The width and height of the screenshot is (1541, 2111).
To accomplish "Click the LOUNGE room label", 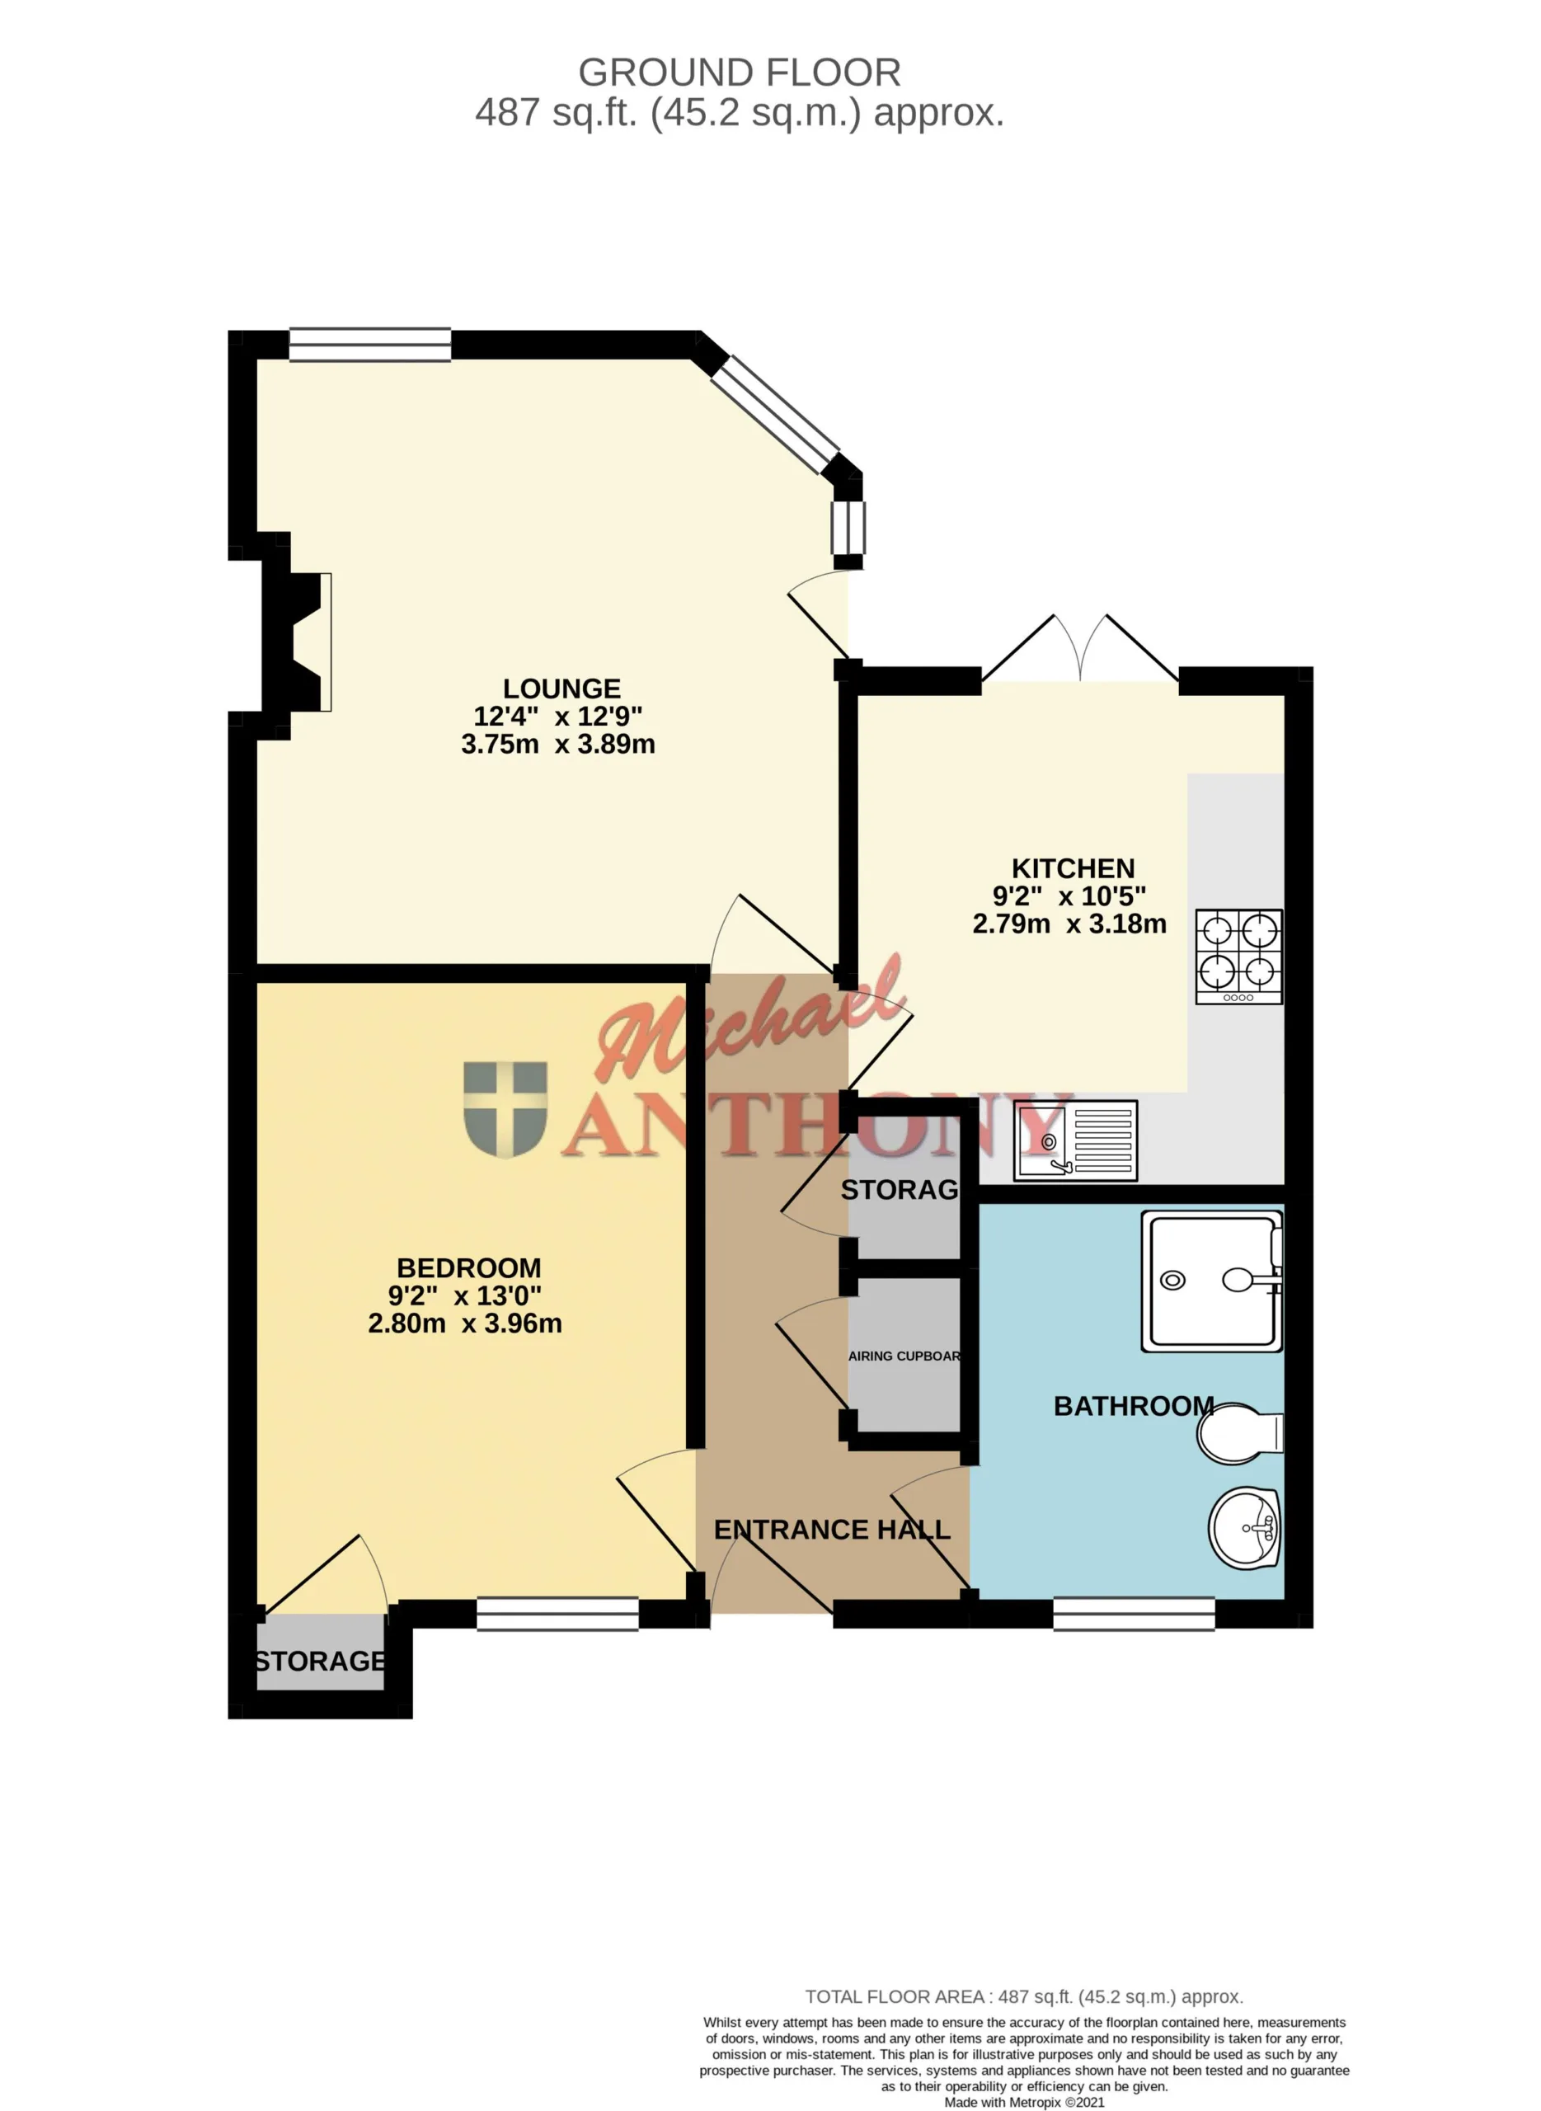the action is pyautogui.click(x=561, y=689).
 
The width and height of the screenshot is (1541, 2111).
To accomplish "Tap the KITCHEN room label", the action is pyautogui.click(x=1073, y=868).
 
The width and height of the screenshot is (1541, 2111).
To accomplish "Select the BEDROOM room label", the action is pyautogui.click(x=468, y=1267).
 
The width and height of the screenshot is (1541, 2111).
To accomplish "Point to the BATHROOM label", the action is pyautogui.click(x=1134, y=1406).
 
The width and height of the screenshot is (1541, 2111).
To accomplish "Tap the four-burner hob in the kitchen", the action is pyautogui.click(x=1238, y=957).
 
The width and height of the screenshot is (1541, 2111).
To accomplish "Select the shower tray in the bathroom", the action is pyautogui.click(x=1212, y=1281).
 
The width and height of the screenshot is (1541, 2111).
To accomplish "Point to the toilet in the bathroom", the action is pyautogui.click(x=1241, y=1434).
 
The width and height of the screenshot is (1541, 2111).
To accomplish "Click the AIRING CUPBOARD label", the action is pyautogui.click(x=904, y=1356).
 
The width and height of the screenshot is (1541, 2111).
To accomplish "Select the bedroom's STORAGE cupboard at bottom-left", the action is pyautogui.click(x=320, y=1661).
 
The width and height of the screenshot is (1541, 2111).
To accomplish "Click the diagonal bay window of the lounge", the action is pyautogui.click(x=775, y=414).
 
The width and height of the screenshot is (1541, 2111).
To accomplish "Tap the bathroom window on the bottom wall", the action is pyautogui.click(x=1135, y=1614).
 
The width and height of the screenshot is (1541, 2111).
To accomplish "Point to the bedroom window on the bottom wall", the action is pyautogui.click(x=558, y=1614).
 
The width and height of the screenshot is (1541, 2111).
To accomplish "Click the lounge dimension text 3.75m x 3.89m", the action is pyautogui.click(x=558, y=745).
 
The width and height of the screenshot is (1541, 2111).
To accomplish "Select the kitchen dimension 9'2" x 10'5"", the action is pyautogui.click(x=1069, y=896).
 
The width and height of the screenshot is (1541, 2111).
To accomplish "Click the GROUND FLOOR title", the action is pyautogui.click(x=740, y=73).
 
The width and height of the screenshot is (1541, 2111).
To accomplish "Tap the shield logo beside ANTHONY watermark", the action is pyautogui.click(x=505, y=1109).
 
